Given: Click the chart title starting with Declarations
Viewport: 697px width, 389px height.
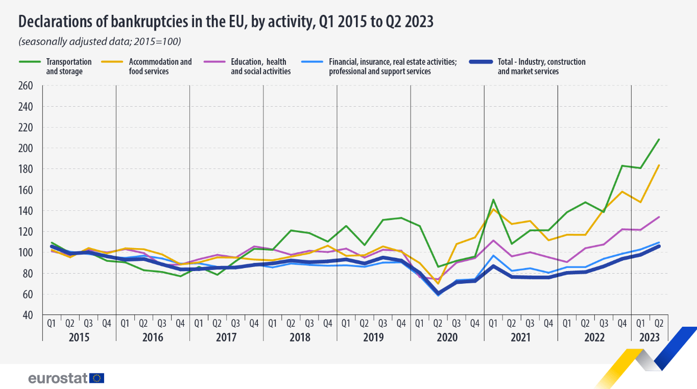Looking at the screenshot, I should coord(226,21).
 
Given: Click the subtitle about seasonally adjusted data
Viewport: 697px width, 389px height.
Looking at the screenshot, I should coord(100,41).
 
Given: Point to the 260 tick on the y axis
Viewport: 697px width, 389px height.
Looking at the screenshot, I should coord(26,86).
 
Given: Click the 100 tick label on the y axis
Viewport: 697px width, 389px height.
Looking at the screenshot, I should coord(26,253).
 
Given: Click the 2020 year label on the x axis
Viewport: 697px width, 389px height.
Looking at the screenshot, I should coord(447,337).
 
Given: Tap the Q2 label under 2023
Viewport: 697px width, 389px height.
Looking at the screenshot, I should coord(659,323).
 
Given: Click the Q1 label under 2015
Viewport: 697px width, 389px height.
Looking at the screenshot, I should coord(52,323).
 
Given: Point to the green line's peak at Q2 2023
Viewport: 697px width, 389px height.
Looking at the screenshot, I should coord(659,139).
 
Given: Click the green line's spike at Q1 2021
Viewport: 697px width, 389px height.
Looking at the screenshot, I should coord(493,200).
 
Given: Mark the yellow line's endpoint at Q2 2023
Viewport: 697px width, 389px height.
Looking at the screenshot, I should coord(659,165).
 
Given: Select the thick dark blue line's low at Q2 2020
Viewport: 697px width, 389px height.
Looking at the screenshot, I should coord(438,293).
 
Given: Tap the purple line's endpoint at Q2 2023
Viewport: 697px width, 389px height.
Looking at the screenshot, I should coord(659,217).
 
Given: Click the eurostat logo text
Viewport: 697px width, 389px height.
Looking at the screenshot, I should coord(58,378).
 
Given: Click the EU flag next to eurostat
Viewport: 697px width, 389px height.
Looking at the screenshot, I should coord(97,378).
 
